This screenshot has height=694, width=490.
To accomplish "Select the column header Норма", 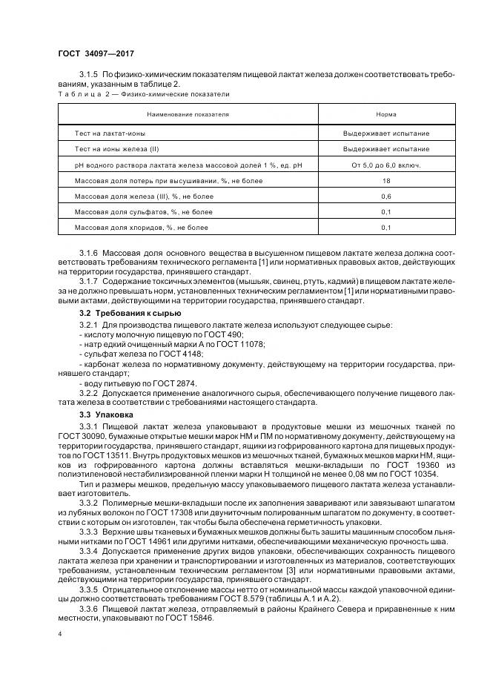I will pyautogui.click(x=385, y=115).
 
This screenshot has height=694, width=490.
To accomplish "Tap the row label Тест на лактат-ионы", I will pyautogui.click(x=110, y=133).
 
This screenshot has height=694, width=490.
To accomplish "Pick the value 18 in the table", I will pyautogui.click(x=385, y=180).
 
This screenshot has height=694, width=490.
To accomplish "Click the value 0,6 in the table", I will pyautogui.click(x=385, y=196).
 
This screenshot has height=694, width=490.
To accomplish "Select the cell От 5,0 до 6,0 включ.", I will pyautogui.click(x=385, y=165).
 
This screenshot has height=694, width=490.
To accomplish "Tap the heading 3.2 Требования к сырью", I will pyautogui.click(x=119, y=314).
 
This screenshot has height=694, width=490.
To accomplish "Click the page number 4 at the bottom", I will pyautogui.click(x=60, y=634).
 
